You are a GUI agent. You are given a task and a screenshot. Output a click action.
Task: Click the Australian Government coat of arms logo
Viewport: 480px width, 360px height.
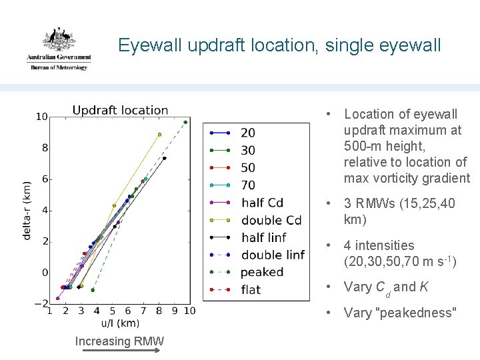click(58, 48)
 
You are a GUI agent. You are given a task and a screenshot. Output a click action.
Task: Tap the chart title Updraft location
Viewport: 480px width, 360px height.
click(120, 110)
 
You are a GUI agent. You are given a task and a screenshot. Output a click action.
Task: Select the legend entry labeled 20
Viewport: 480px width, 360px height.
click(247, 133)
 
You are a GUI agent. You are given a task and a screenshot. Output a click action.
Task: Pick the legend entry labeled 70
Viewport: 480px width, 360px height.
click(247, 185)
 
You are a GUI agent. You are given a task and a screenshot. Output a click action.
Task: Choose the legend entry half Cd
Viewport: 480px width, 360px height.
click(262, 202)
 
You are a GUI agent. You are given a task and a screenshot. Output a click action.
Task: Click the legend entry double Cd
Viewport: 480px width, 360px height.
click(271, 220)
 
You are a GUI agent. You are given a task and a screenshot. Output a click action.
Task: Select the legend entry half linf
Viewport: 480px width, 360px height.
click(263, 237)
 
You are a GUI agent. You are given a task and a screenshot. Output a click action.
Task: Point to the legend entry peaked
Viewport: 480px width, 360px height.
click(262, 272)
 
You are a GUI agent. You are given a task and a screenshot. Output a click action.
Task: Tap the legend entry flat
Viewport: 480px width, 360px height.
click(251, 289)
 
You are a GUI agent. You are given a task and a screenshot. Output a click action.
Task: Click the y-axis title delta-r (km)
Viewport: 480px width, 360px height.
click(27, 211)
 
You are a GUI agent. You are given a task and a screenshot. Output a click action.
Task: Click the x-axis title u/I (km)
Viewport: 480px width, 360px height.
click(120, 323)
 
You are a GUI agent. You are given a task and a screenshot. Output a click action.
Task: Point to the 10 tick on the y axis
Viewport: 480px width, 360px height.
click(41, 117)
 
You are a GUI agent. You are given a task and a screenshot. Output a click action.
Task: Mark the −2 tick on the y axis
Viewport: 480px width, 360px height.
click(40, 303)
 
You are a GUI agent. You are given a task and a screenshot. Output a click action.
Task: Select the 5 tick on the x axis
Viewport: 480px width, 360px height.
click(112, 311)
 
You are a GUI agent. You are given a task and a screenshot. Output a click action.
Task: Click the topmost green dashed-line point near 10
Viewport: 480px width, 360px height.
click(185, 122)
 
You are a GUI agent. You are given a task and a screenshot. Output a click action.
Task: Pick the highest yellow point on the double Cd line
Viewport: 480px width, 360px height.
click(159, 135)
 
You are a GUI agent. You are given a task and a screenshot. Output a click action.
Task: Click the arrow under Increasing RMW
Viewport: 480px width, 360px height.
click(119, 354)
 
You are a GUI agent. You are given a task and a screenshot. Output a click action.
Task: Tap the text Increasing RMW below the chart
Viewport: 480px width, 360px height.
click(119, 341)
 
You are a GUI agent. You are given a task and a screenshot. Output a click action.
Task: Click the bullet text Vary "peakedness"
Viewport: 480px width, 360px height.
click(399, 312)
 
